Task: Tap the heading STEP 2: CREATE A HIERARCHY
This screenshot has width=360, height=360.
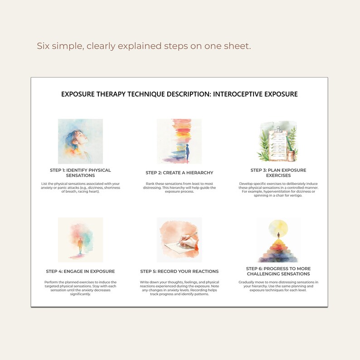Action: [x=179, y=173]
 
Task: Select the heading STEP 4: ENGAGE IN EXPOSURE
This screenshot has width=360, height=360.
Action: [x=80, y=271]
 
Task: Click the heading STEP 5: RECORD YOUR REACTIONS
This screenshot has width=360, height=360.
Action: [x=179, y=271]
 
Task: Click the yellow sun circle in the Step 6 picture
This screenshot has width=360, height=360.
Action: [x=278, y=226]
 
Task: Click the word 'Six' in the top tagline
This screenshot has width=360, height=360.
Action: [x=44, y=46]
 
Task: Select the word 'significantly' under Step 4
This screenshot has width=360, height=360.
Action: [x=80, y=294]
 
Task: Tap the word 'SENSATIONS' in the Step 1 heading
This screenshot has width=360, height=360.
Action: [x=80, y=175]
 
